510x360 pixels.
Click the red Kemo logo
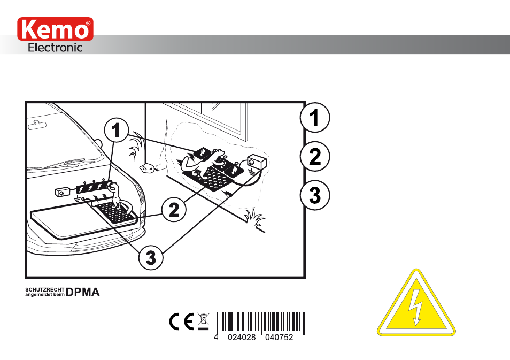(55, 29)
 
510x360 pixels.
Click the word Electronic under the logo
(55, 48)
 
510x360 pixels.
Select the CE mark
(181, 321)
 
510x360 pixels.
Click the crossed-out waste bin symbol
(204, 321)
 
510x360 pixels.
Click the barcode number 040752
(279, 337)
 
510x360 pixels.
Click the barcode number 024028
(242, 337)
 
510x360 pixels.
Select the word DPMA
(83, 292)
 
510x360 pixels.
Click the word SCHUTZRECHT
(45, 289)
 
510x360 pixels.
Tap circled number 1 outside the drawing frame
(315, 118)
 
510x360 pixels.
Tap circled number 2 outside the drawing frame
(315, 157)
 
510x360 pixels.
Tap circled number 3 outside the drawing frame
(315, 195)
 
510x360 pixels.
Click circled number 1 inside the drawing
(117, 130)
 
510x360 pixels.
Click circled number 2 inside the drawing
(174, 209)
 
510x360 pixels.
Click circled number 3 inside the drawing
(151, 257)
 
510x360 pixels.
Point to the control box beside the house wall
(257, 162)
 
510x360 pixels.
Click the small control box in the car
(62, 192)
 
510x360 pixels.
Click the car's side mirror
(98, 143)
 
